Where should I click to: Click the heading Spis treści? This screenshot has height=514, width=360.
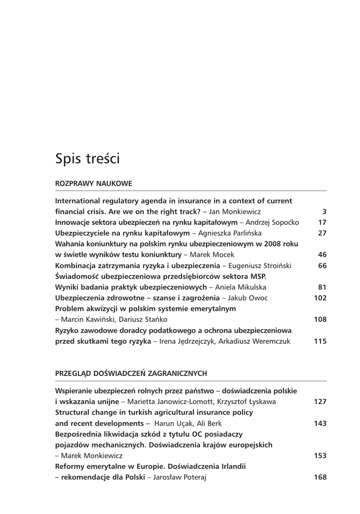click(x=87, y=159)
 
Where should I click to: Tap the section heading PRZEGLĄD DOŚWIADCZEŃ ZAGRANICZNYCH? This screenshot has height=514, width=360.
click(x=131, y=373)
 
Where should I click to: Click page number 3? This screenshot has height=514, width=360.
click(x=324, y=212)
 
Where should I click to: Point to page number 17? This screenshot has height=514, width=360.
click(x=322, y=222)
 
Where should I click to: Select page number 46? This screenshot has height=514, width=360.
click(x=322, y=254)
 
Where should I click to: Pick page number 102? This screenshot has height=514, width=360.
click(x=320, y=298)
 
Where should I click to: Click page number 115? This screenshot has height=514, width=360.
click(x=320, y=341)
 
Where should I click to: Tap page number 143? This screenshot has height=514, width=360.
click(x=320, y=423)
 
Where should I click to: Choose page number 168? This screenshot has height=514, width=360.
click(x=320, y=477)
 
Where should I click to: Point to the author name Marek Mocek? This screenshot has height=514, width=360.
click(x=212, y=254)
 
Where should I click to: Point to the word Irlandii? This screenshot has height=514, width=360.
click(x=231, y=466)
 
